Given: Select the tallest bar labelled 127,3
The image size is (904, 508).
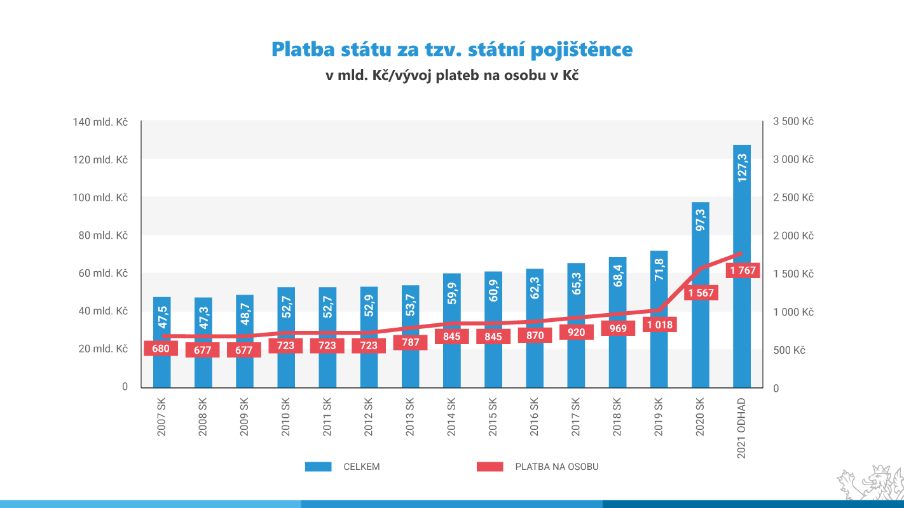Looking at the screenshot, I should pyautogui.click(x=741, y=267).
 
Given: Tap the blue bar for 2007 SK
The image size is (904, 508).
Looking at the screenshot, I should pyautogui.click(x=161, y=368).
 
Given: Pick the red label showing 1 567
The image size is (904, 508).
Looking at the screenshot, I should pyautogui.click(x=700, y=293).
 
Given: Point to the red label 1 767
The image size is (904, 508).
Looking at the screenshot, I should pyautogui.click(x=743, y=271).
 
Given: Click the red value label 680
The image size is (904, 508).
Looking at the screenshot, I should pyautogui.click(x=161, y=348).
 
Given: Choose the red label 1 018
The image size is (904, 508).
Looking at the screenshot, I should pyautogui.click(x=659, y=325).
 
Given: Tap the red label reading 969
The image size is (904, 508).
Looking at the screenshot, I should pyautogui.click(x=617, y=328).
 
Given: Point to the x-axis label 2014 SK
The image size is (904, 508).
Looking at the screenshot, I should pyautogui.click(x=451, y=417).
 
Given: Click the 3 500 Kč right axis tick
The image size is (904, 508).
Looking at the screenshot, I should pyautogui.click(x=793, y=121).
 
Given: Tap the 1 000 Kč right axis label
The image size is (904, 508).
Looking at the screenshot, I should pyautogui.click(x=793, y=312).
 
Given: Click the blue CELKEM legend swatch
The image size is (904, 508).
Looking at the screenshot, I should pyautogui.click(x=318, y=467).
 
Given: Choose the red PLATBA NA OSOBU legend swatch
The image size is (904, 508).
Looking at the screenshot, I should pyautogui.click(x=490, y=467).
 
